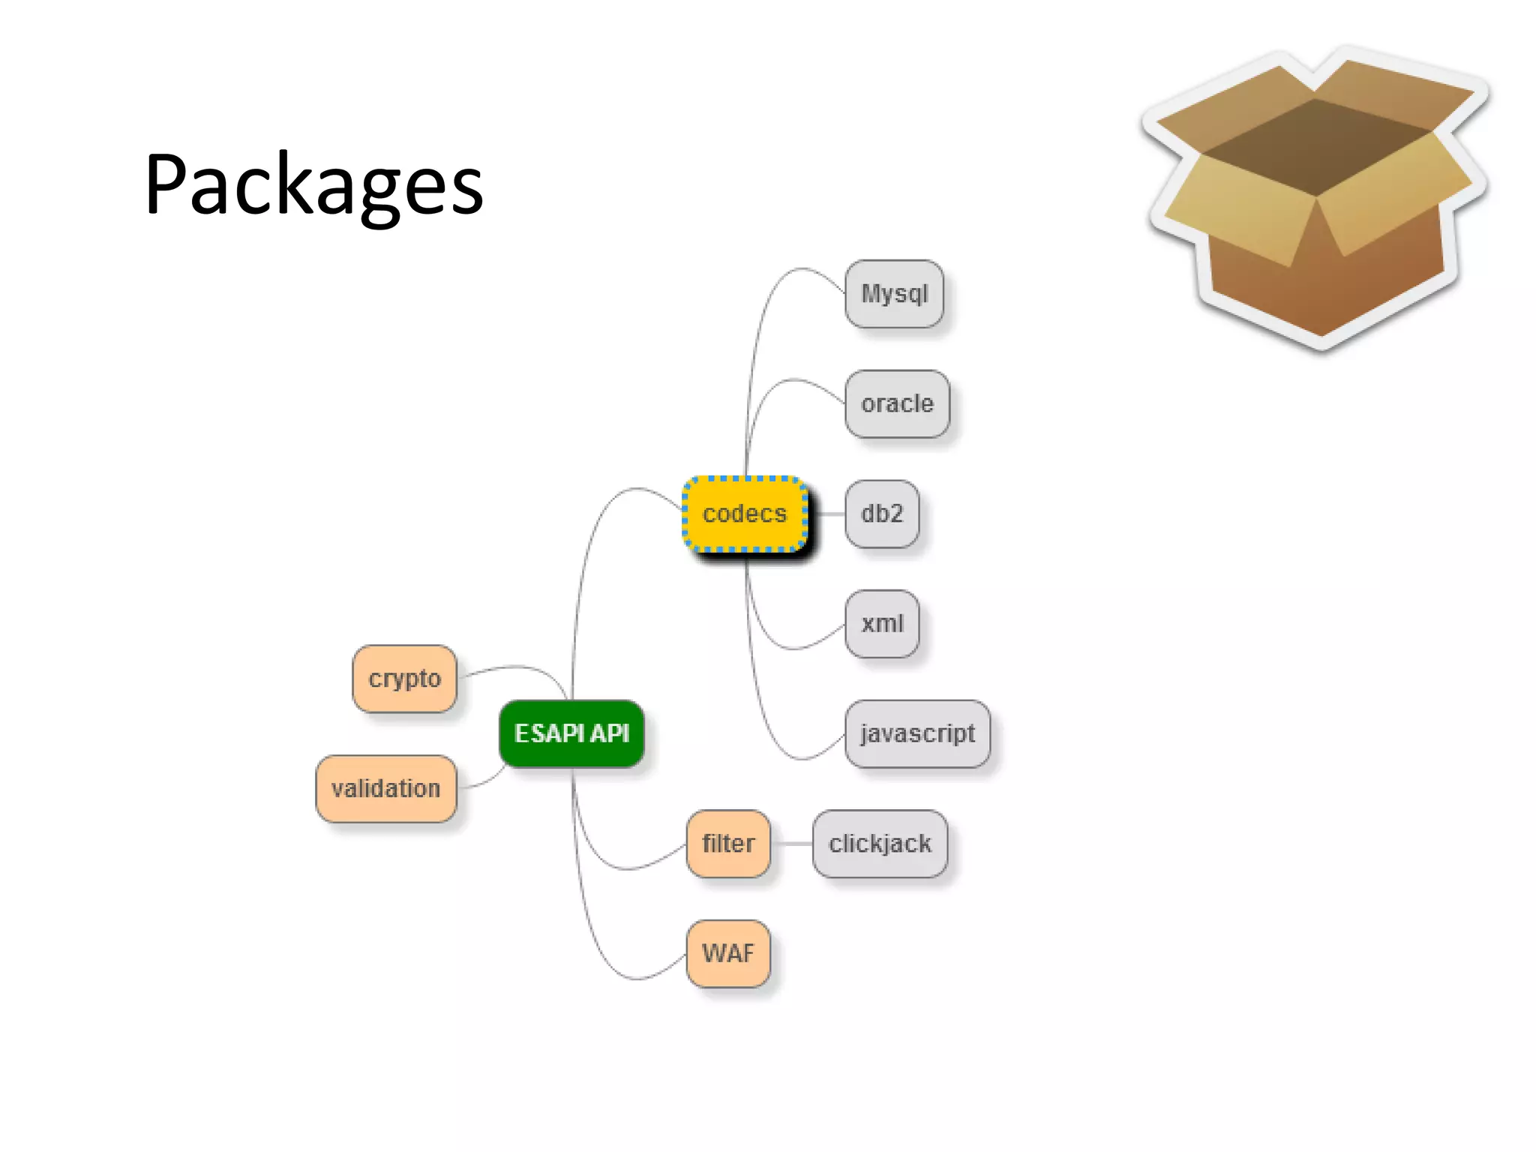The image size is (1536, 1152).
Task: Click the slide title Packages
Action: tap(313, 184)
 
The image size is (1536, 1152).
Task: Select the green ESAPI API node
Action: tap(571, 733)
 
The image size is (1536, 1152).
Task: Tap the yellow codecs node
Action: tap(745, 514)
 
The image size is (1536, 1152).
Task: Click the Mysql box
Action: tap(894, 294)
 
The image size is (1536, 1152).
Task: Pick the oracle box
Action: tap(897, 404)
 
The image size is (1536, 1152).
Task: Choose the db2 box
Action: tap(882, 514)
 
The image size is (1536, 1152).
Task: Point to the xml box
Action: tap(882, 624)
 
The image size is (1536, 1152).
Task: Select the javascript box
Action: tap(917, 733)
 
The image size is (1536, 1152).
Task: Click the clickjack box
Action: tap(880, 844)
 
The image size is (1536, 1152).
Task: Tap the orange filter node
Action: tap(728, 844)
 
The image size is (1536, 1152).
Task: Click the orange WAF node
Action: tap(728, 953)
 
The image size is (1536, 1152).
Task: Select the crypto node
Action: tap(404, 679)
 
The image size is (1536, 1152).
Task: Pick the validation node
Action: tap(386, 789)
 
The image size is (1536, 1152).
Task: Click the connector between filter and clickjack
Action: tap(792, 844)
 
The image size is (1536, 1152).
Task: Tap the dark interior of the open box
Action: tap(1316, 146)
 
